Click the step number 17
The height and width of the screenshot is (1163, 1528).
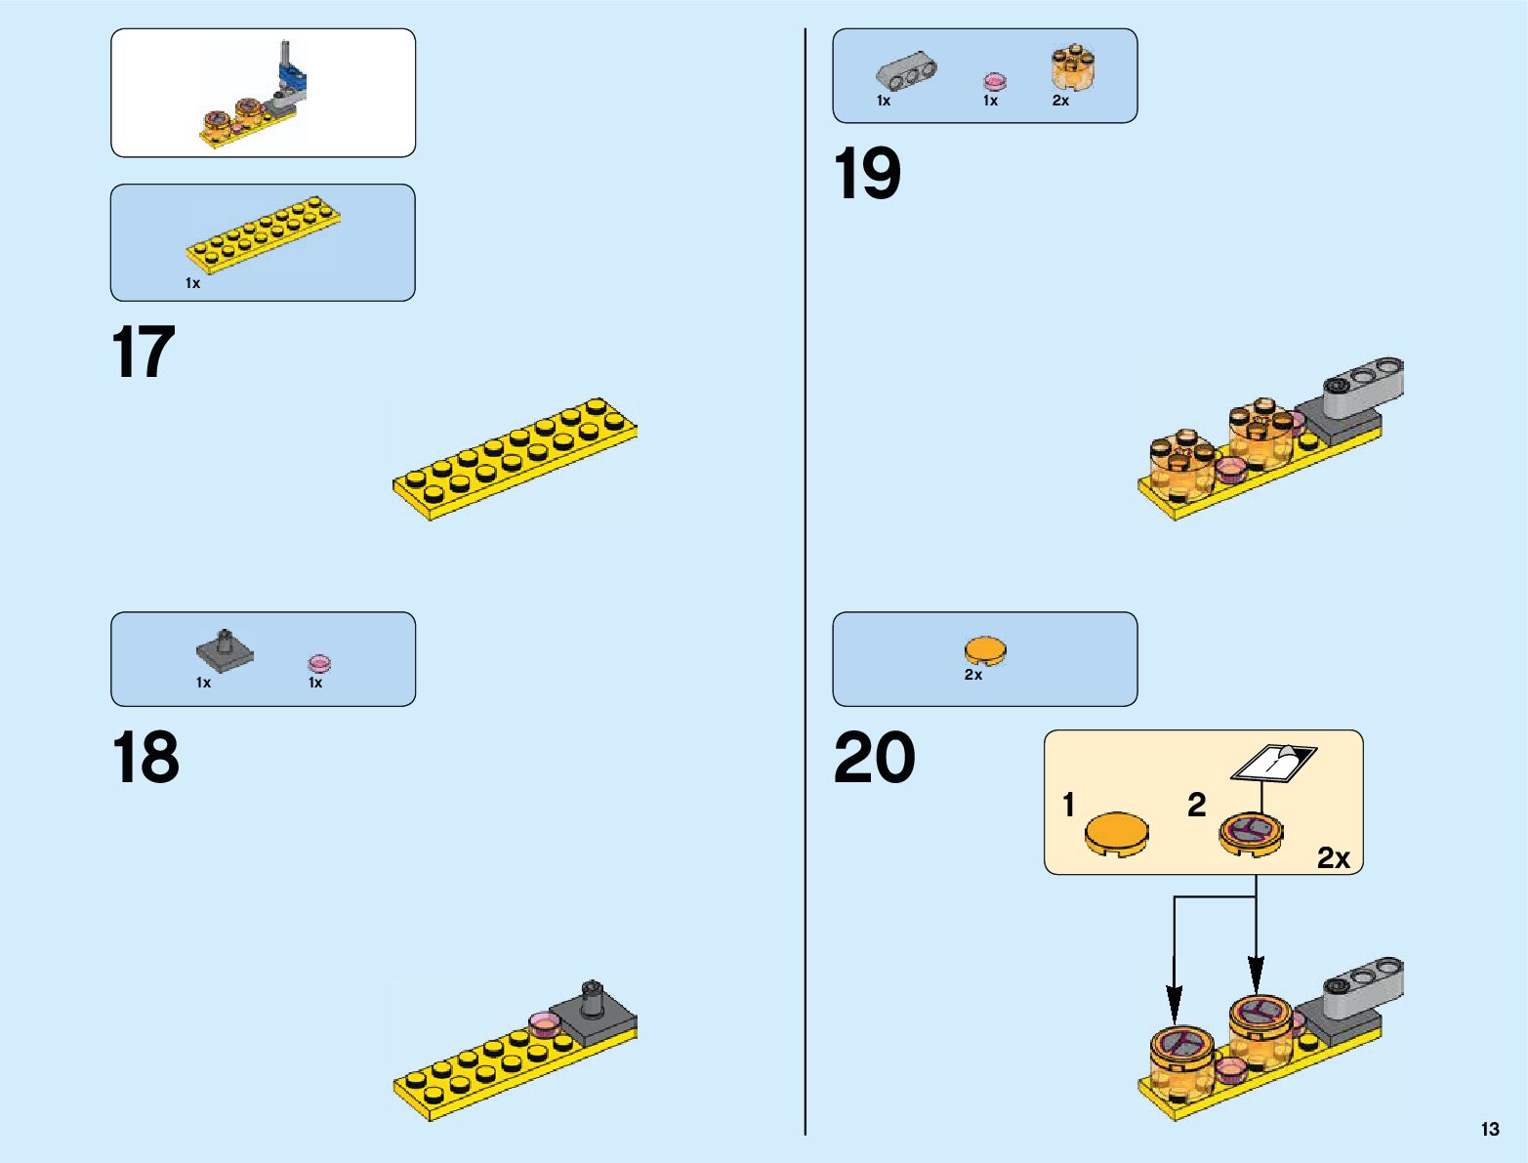point(144,353)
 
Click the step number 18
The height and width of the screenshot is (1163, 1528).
point(145,757)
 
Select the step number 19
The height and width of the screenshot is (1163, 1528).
point(867,175)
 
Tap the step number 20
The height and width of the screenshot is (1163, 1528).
point(874,757)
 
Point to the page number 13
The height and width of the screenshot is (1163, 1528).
point(1489,1129)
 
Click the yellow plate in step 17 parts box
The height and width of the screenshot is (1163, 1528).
point(264,234)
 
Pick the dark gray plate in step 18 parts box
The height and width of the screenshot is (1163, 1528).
point(225,651)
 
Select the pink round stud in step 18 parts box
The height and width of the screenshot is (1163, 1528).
point(319,663)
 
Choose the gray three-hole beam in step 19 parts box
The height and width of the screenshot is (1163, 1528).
point(906,72)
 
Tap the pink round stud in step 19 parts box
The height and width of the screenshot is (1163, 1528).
point(994,80)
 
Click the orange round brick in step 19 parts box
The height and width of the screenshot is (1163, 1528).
point(1072,68)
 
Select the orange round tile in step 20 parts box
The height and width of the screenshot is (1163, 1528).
point(984,650)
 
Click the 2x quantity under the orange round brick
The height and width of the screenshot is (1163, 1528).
point(1060,101)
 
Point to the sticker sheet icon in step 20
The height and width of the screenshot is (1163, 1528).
point(1273,763)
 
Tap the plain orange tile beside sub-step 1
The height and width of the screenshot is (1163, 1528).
point(1117,835)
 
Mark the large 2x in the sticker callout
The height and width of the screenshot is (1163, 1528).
point(1333,857)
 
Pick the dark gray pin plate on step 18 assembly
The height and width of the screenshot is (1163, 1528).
point(591,1011)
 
